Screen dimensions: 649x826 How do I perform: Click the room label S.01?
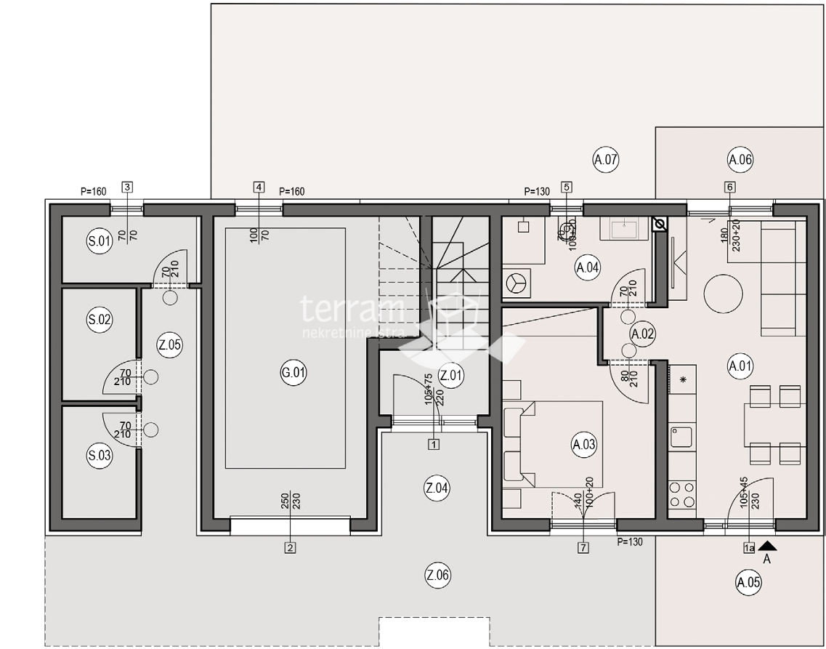(99, 243)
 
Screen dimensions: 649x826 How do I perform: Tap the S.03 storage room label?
(99, 456)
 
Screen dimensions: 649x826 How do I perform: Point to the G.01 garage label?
(293, 374)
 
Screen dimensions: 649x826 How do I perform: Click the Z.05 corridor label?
(169, 344)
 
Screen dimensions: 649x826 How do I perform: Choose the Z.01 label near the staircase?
(451, 375)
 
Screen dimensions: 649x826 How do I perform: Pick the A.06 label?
(740, 159)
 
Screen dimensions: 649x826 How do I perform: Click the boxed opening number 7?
(583, 547)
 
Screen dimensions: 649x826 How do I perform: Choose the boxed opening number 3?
(127, 187)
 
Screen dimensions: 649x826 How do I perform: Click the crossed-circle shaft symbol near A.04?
(660, 225)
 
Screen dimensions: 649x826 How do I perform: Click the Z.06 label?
(438, 576)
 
